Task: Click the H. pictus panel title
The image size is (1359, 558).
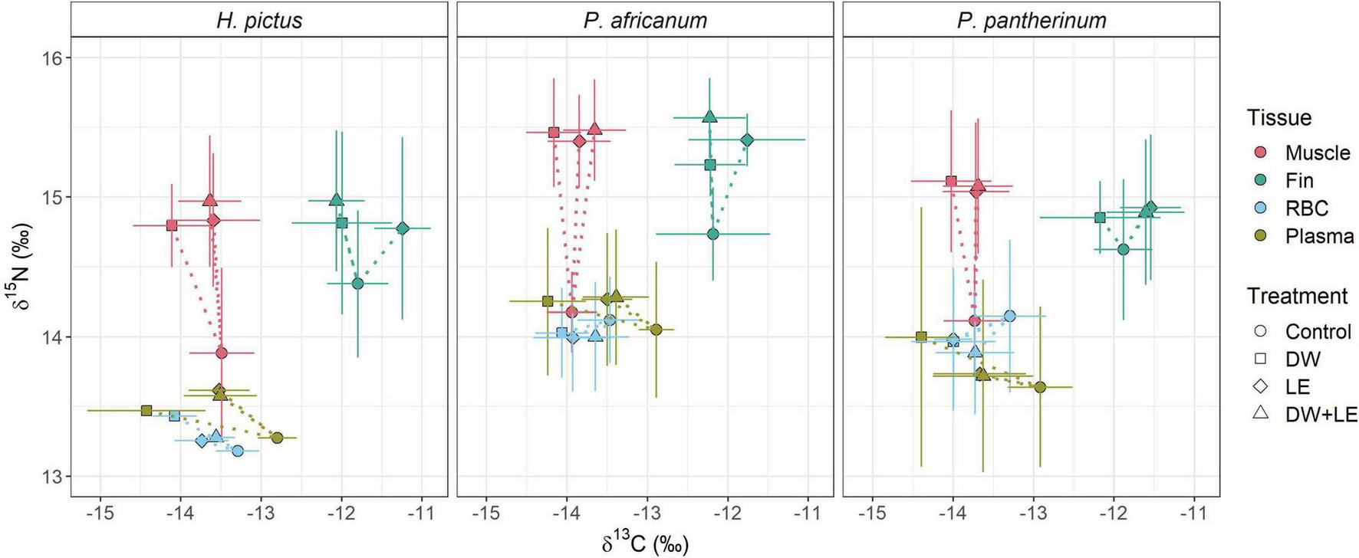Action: click(x=259, y=20)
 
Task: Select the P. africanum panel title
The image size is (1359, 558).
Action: click(x=645, y=20)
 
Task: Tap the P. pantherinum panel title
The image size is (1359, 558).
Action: click(x=1032, y=20)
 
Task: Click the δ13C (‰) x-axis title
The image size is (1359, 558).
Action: click(x=645, y=545)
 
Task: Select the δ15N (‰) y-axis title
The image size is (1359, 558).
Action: click(x=23, y=266)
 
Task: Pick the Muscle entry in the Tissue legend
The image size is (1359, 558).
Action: click(x=1317, y=153)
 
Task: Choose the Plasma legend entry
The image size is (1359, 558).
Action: click(x=1319, y=236)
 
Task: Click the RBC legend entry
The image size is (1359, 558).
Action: click(x=1306, y=208)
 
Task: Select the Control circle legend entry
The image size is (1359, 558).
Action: click(x=1318, y=332)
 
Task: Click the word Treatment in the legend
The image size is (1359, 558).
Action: click(x=1297, y=296)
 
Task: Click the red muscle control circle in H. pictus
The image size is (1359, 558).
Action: click(x=222, y=353)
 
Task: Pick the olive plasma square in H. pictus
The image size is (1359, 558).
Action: click(x=146, y=410)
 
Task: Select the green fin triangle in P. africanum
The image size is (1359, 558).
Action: click(x=709, y=117)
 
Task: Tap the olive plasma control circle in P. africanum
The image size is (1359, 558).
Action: click(x=656, y=330)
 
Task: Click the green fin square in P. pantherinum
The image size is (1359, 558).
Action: click(x=1100, y=217)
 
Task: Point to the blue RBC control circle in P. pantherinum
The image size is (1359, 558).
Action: click(x=1009, y=316)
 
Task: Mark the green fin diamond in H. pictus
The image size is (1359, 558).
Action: click(x=403, y=228)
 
